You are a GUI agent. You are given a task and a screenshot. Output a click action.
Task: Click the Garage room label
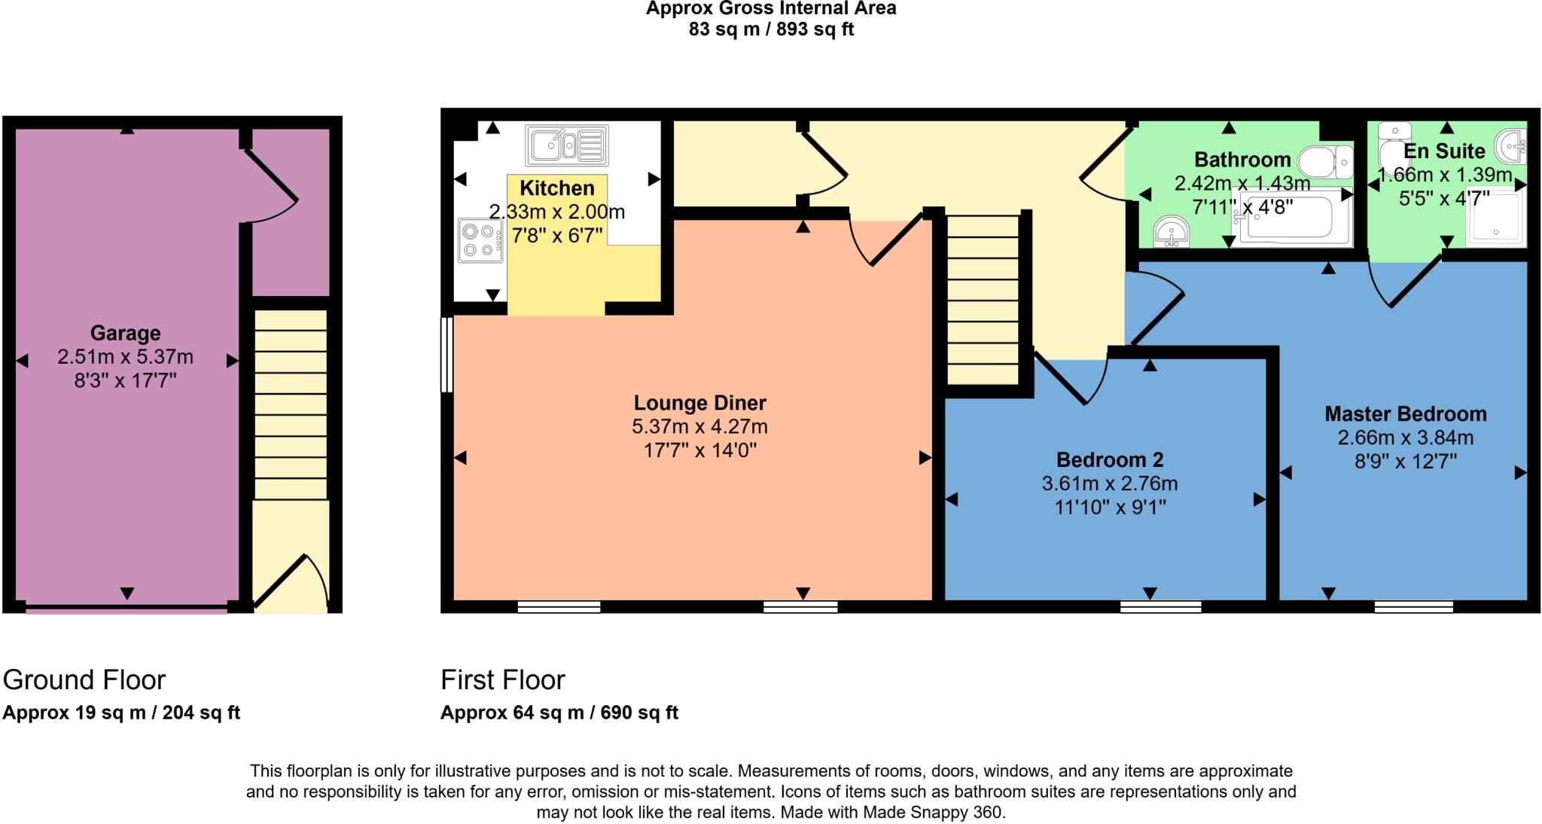point(125,333)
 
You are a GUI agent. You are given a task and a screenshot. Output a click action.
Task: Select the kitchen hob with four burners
point(480,240)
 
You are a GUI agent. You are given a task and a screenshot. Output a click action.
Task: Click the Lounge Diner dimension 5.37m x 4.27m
point(699,427)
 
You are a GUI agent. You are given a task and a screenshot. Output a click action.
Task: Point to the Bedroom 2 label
point(1109,459)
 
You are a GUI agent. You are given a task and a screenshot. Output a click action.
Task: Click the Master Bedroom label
point(1405,414)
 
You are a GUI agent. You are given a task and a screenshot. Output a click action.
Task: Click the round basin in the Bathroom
point(1172,231)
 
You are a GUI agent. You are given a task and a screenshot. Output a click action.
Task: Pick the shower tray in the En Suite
point(1495,218)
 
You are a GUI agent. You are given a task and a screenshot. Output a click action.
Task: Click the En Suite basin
point(1510,145)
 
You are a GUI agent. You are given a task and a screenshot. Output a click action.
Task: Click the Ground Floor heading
point(84,680)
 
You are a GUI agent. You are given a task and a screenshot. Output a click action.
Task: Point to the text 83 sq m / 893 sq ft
point(771,30)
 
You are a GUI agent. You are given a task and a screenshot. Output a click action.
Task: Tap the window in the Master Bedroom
point(1413,606)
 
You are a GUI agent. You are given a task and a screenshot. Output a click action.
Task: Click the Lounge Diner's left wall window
point(446,354)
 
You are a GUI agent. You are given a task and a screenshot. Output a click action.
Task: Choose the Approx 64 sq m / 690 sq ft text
point(559,713)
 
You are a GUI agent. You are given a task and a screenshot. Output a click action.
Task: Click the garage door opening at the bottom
point(126,609)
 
